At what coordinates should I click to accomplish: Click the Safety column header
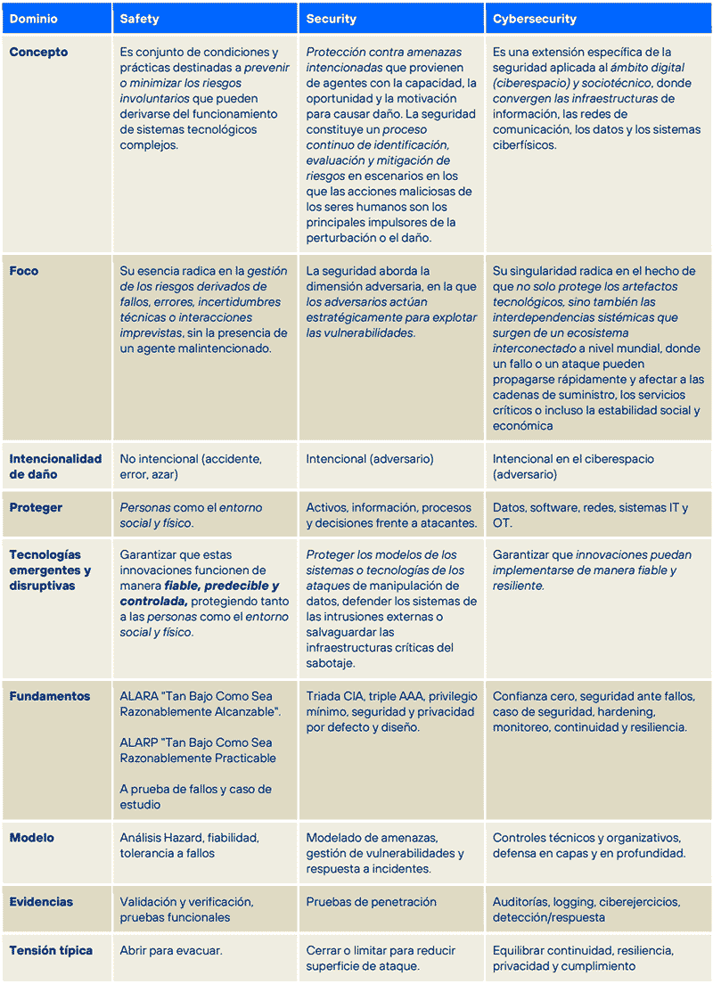[x=140, y=19]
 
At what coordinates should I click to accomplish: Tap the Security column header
[x=331, y=19]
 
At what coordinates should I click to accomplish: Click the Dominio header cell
[x=34, y=19]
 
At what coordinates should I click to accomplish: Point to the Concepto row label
[x=38, y=52]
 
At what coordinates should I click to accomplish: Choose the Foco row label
[x=24, y=271]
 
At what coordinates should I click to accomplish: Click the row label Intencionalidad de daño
[x=55, y=467]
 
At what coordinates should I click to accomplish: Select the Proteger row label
[x=36, y=508]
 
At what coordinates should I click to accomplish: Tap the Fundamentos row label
[x=50, y=696]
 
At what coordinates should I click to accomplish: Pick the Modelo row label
[x=32, y=838]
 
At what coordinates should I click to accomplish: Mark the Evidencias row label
[x=41, y=902]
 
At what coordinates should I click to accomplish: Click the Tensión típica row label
[x=51, y=950]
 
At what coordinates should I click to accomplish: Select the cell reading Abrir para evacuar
[x=171, y=950]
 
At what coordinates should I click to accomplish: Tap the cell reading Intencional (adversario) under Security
[x=370, y=459]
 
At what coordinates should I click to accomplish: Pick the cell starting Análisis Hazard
[x=189, y=846]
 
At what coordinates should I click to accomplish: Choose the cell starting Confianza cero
[x=594, y=711]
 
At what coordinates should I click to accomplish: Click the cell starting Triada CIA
[x=391, y=711]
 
